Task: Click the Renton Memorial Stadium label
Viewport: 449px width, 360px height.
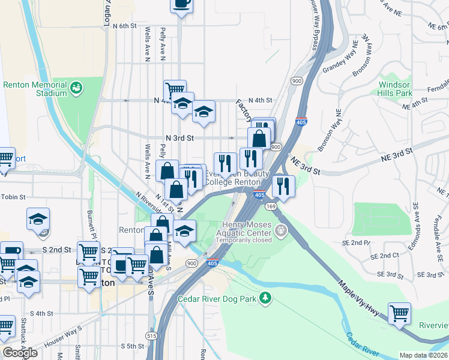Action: (34, 89)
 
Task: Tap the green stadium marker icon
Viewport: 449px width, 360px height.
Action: (76, 89)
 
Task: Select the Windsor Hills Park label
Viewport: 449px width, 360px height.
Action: (395, 89)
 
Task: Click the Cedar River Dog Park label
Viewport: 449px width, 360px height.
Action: (217, 298)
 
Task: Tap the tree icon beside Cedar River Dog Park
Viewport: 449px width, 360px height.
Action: (265, 298)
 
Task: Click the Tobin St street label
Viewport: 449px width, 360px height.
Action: (13, 197)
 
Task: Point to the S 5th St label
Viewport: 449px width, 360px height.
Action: (133, 346)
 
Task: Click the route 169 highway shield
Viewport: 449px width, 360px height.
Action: (271, 206)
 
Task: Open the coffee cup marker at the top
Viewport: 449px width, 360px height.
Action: (181, 4)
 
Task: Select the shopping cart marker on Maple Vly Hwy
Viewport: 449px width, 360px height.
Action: (399, 313)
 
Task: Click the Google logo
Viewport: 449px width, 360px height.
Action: (20, 353)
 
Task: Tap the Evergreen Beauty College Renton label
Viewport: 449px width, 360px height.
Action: (234, 178)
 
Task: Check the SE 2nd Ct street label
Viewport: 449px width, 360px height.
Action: (385, 256)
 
